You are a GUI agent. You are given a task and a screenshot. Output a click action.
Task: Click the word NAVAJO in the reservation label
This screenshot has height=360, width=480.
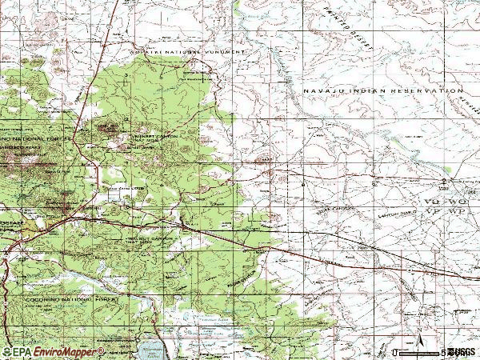pyautogui.click(x=322, y=93)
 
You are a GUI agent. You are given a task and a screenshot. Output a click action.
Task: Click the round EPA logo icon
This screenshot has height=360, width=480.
pyautogui.click(x=6, y=351)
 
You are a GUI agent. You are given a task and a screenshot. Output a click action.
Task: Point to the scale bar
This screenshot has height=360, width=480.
pyautogui.click(x=421, y=350)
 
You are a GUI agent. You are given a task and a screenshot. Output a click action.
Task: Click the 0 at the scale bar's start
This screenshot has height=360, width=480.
pyautogui.click(x=394, y=351)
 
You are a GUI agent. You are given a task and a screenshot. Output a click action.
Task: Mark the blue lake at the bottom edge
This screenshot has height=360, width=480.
pyautogui.click(x=150, y=351)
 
